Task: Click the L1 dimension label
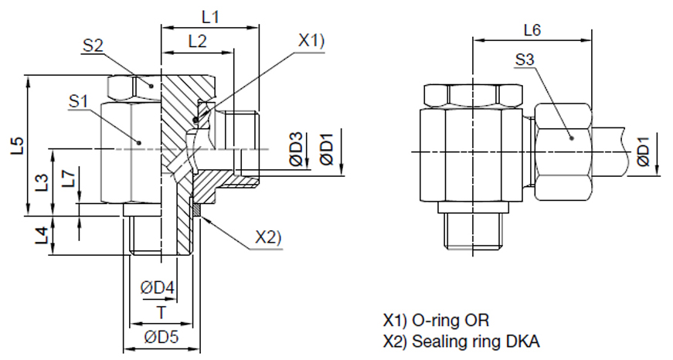click(x=209, y=15)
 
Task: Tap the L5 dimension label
click(x=18, y=146)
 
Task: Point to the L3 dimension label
click(x=43, y=183)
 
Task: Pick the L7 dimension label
click(x=70, y=180)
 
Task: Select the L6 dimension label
click(x=532, y=30)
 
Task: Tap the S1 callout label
click(x=79, y=100)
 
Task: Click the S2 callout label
click(x=93, y=46)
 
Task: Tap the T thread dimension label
click(x=161, y=311)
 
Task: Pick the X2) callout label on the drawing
click(x=268, y=239)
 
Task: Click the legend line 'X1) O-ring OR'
click(x=436, y=319)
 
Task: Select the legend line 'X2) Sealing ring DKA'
click(x=461, y=340)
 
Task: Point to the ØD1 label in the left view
click(x=327, y=149)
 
